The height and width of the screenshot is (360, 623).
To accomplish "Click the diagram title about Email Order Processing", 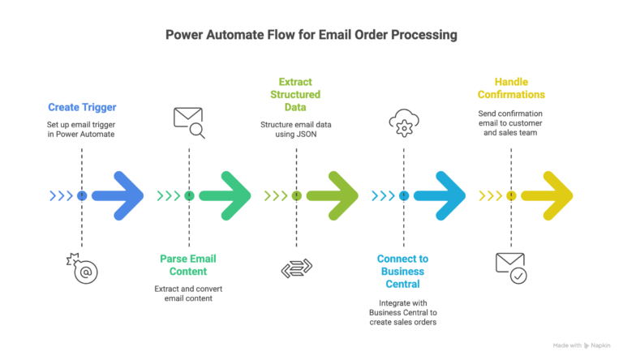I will (x=311, y=35).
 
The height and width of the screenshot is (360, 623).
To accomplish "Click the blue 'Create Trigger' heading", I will (x=82, y=107).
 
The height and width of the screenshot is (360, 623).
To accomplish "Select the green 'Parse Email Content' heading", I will (x=188, y=265).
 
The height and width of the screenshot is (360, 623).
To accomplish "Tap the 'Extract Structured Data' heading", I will (x=295, y=95).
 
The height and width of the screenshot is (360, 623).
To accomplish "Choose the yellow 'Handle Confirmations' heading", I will (x=510, y=88).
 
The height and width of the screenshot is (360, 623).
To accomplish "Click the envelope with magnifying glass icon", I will (x=189, y=122).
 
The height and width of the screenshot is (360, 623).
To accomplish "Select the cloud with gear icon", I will (x=403, y=123).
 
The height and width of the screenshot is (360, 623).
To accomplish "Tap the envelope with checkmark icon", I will (x=510, y=268).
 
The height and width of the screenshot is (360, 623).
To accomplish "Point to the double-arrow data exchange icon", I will (x=296, y=268).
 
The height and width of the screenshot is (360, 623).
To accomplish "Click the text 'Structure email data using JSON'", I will (x=295, y=131).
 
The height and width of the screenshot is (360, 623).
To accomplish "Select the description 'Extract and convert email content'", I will (x=188, y=294).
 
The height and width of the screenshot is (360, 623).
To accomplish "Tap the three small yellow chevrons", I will (x=490, y=195).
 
